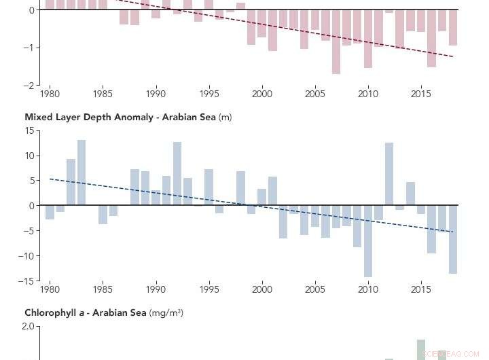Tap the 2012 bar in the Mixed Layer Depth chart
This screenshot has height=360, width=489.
tap(389, 174)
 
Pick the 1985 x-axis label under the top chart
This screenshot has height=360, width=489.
tap(103, 94)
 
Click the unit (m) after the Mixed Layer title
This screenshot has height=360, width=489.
tap(225, 117)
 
